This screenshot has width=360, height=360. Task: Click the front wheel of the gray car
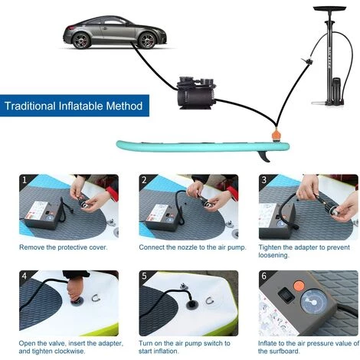(x=147, y=41)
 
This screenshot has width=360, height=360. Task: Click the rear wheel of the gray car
(x=81, y=41)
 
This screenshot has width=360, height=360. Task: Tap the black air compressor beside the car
(x=196, y=93)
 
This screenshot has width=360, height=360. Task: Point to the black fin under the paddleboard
(x=263, y=156)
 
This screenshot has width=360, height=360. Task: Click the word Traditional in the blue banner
(x=30, y=106)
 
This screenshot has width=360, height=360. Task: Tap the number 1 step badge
(x=25, y=180)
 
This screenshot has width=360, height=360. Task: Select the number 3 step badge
(x=264, y=180)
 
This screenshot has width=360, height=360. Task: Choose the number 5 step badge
(x=145, y=276)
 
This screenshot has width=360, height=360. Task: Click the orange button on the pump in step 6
(x=299, y=286)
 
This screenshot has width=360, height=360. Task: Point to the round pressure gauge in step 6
(x=314, y=303)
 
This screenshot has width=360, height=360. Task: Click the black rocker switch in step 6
(x=286, y=295)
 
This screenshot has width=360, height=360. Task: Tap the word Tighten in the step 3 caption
(x=270, y=247)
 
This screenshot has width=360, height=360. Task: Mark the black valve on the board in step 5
(x=191, y=305)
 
